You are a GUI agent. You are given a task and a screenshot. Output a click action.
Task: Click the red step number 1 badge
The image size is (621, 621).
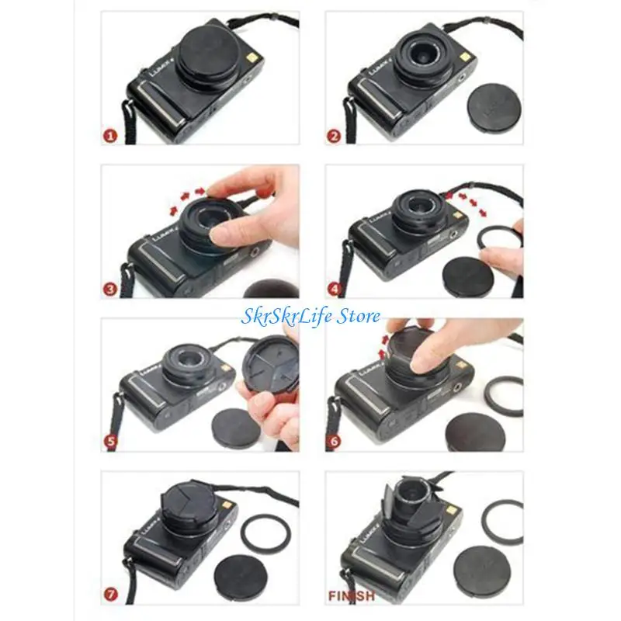[110, 136]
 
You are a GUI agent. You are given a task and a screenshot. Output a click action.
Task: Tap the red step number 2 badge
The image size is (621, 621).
[334, 136]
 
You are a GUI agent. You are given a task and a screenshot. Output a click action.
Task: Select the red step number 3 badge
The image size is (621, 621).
[110, 290]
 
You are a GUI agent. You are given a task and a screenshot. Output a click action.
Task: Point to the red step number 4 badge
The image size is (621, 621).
[334, 290]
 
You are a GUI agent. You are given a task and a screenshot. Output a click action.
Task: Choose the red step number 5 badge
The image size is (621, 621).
[110, 443]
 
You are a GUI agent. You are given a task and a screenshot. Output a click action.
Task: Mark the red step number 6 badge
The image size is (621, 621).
[334, 443]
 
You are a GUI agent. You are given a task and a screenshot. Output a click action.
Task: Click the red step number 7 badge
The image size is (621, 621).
[110, 597]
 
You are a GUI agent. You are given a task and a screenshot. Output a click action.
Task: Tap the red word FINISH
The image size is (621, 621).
[351, 597]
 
